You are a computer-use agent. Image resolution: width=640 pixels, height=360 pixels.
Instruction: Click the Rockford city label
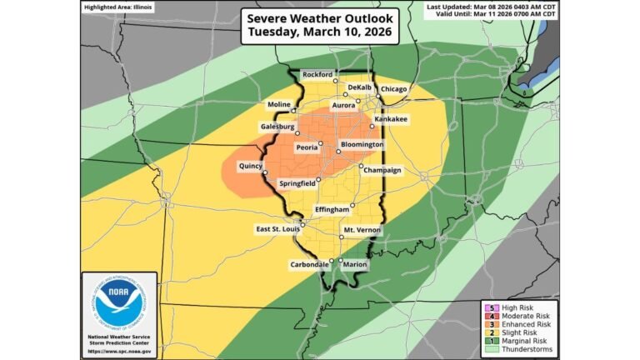(x=318, y=73)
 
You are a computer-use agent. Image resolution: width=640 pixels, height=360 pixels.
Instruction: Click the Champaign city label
(x=382, y=170)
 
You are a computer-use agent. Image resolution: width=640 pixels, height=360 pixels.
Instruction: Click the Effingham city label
(x=331, y=209)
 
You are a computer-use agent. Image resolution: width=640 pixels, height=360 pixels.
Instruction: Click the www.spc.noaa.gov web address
(x=118, y=350)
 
